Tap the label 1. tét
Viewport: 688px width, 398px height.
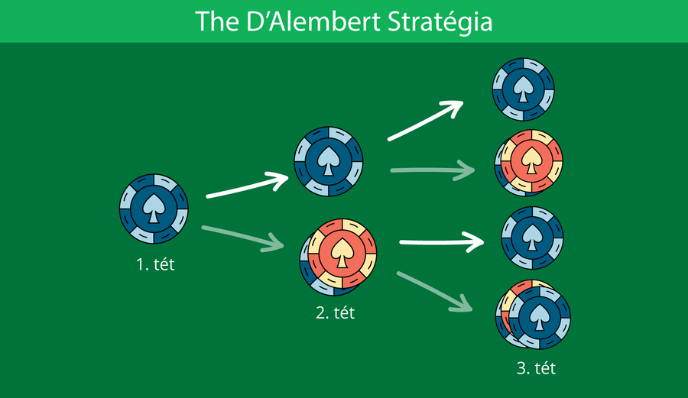155,266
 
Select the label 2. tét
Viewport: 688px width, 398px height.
335,313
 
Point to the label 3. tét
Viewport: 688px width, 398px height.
535,369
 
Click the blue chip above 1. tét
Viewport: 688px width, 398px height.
154,207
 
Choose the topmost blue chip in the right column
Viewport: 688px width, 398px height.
523,90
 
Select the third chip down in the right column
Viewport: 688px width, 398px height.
531,238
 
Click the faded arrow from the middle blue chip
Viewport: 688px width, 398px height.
432,171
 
